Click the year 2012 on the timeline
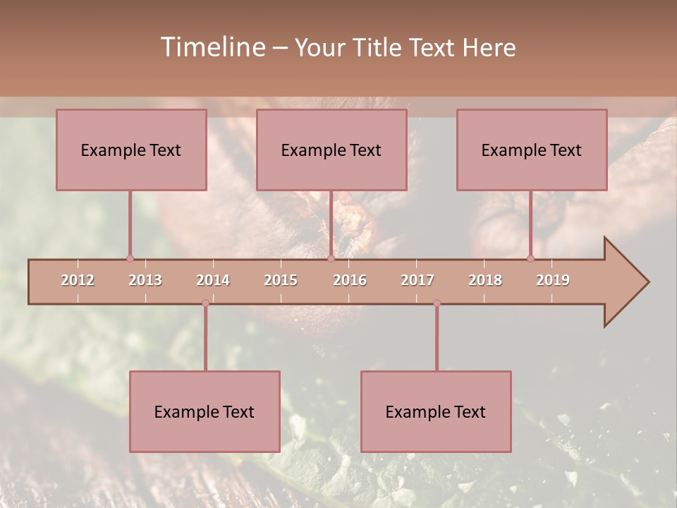click(78, 280)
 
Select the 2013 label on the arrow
click(145, 280)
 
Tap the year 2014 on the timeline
click(213, 280)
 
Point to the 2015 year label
click(281, 280)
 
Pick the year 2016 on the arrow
click(350, 280)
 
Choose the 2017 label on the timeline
click(417, 280)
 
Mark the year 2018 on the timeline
click(485, 280)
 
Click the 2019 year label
click(553, 280)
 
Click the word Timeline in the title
click(212, 47)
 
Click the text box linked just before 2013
click(131, 150)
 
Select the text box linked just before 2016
click(331, 150)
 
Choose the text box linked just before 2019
click(532, 150)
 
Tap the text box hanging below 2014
click(205, 411)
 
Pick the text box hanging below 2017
click(436, 411)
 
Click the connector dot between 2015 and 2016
click(331, 258)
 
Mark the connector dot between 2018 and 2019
click(531, 258)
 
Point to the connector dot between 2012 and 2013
click(130, 258)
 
